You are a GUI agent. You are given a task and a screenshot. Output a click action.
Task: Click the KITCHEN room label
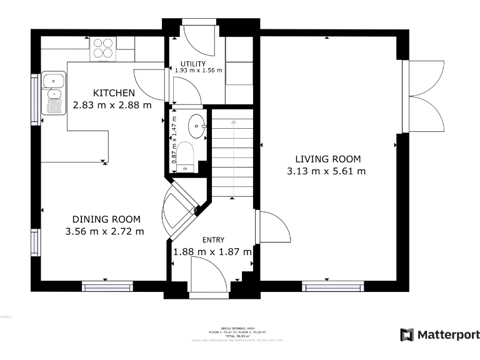coord(114,93)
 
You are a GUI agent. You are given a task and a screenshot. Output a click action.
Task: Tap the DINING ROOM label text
coord(106,219)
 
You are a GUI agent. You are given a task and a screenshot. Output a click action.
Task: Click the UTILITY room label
coord(193,64)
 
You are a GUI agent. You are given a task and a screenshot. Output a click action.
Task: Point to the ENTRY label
coord(212,239)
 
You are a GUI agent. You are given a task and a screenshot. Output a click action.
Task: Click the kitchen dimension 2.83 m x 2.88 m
coord(112,105)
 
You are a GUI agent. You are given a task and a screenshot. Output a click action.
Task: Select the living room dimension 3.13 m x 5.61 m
coord(326,171)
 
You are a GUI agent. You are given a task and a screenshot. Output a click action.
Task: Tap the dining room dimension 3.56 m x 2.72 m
coord(104,231)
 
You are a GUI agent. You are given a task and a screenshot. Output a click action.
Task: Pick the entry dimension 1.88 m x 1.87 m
coord(212,252)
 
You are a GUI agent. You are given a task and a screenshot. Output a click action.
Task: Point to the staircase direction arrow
coord(232,156)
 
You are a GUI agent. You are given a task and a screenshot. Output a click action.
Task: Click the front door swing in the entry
coord(207,275)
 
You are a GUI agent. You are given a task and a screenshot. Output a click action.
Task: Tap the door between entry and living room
coord(273,227)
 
